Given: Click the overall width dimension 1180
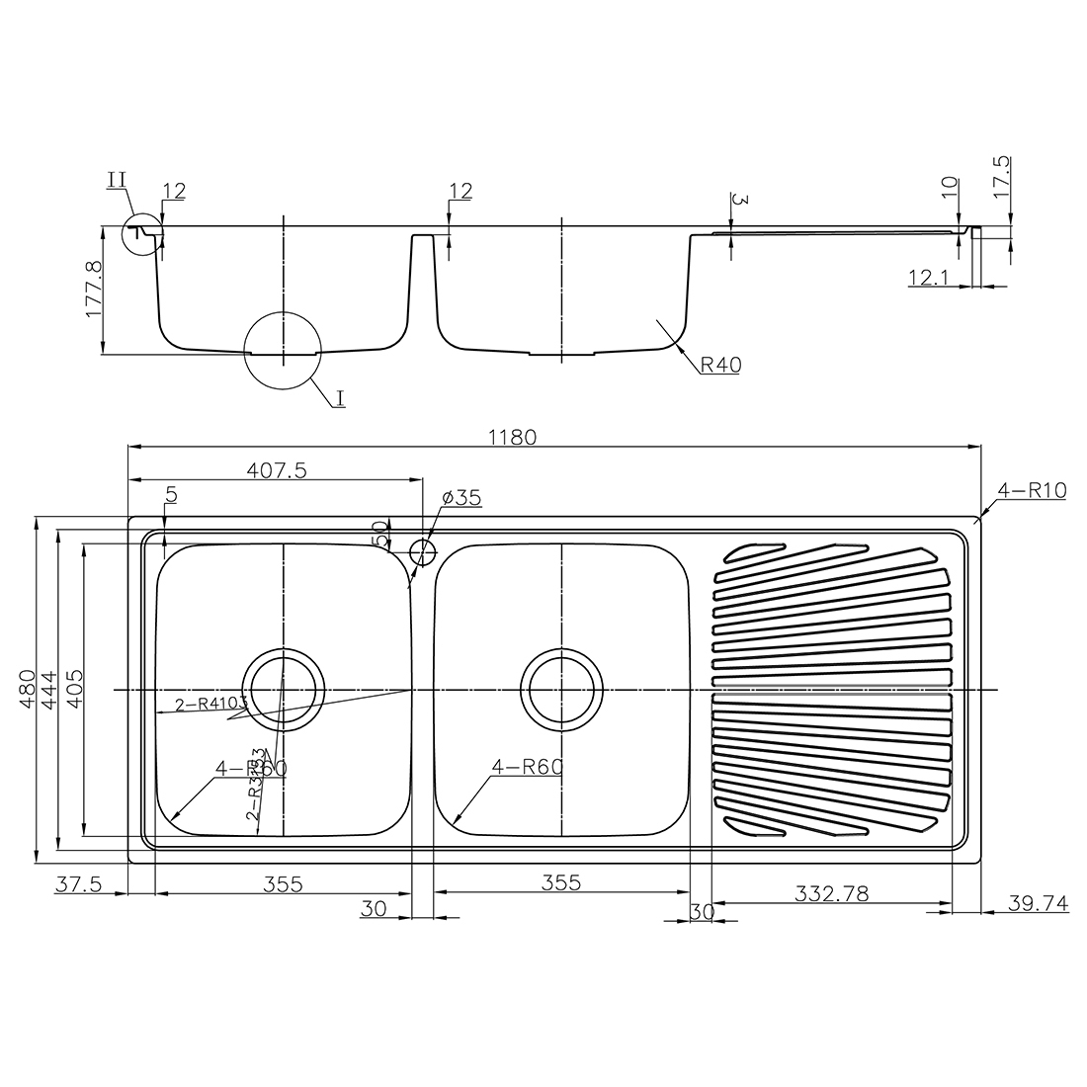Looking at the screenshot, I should click(514, 436).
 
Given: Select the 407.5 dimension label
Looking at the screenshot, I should click(274, 471).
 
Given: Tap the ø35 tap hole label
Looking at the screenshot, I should click(456, 498).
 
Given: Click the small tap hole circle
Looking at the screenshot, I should click(423, 548).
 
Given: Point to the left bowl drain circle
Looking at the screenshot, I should click(284, 688).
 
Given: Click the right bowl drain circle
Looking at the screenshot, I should click(562, 688).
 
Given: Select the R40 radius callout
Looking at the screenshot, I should click(720, 365).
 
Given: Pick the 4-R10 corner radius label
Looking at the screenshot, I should click(1032, 489).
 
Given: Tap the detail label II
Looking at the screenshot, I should click(117, 179).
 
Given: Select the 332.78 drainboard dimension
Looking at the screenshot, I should click(831, 893).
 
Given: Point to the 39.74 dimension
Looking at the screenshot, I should click(1038, 901).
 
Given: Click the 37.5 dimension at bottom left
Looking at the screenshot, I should click(78, 883).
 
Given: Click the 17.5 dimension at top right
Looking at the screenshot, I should click(1002, 179).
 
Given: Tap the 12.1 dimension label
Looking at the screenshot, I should click(928, 279).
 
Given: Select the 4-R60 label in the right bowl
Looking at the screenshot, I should click(525, 767).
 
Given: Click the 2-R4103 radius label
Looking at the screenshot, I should click(210, 705).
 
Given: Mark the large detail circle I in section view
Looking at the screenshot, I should click(284, 351).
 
